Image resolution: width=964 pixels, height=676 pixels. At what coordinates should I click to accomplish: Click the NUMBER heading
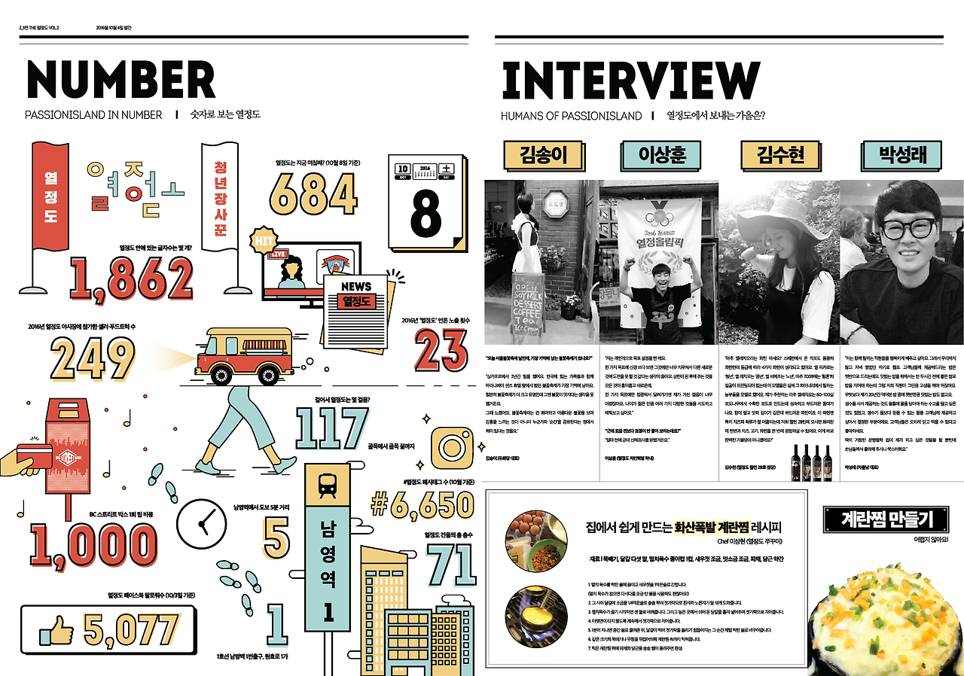point(120,80)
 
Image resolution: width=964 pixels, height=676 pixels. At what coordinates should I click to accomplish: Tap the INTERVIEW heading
point(630,80)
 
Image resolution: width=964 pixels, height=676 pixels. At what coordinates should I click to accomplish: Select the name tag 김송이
point(542,155)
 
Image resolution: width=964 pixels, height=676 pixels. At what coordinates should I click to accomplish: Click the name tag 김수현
point(782,155)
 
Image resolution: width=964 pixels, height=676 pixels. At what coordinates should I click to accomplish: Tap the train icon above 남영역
point(328,487)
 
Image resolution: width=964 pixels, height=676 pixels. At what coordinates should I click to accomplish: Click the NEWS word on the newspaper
point(356,286)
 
